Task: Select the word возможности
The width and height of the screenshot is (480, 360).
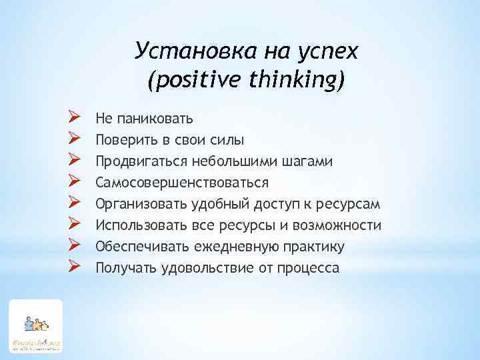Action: [339, 226]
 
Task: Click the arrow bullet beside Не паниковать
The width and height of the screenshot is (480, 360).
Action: [75, 119]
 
